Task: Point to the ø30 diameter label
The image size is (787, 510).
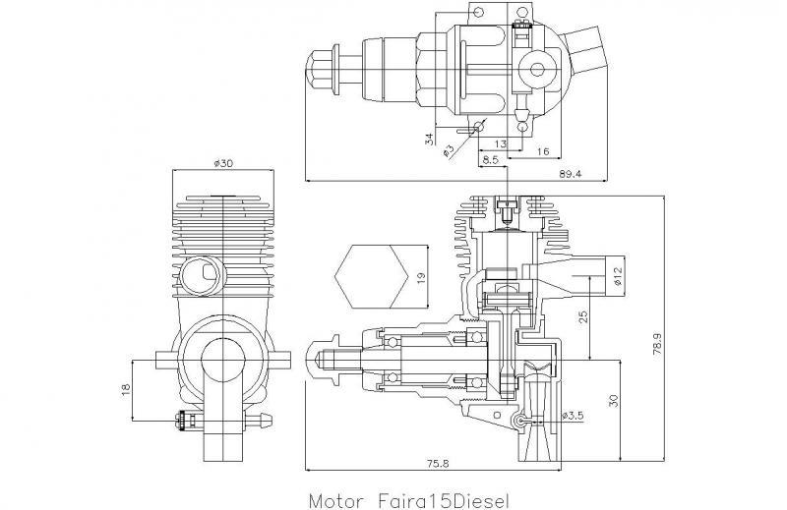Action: [x=222, y=163]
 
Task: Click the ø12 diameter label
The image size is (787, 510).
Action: [x=618, y=275]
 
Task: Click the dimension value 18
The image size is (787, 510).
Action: [x=125, y=390]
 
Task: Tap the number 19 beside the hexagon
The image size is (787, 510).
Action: [x=420, y=277]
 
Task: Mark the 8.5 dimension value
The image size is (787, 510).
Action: [x=491, y=157]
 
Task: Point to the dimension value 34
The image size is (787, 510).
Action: [x=430, y=138]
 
